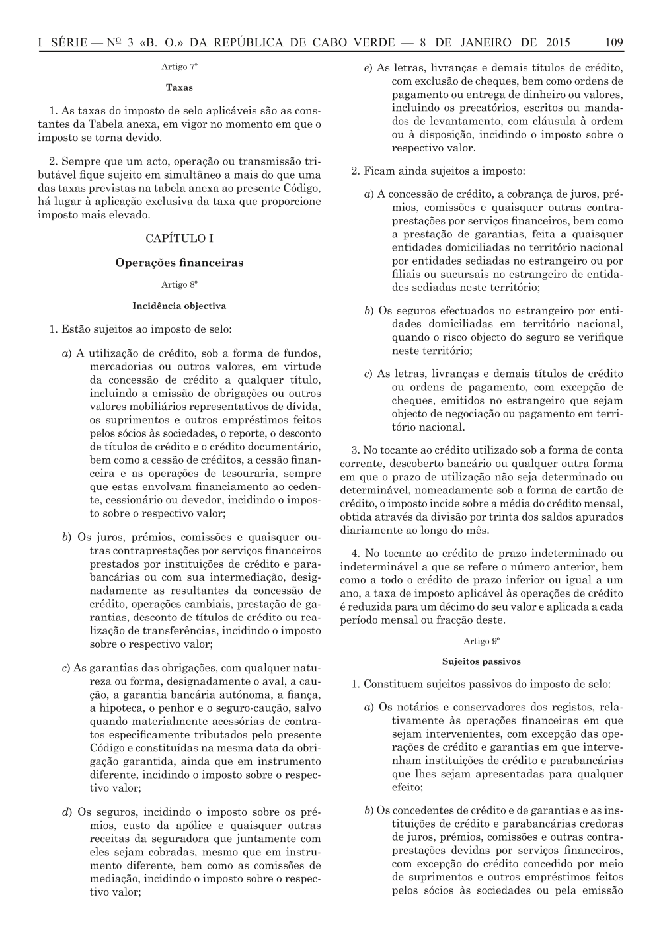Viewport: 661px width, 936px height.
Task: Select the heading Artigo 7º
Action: click(x=179, y=67)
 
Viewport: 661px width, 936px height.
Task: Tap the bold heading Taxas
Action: click(x=179, y=87)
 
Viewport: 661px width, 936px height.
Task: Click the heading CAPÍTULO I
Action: click(x=179, y=238)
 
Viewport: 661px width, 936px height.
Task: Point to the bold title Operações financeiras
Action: click(x=179, y=263)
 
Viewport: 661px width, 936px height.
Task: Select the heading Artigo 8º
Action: click(x=179, y=285)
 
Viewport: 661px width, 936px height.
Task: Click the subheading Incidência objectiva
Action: click(x=179, y=306)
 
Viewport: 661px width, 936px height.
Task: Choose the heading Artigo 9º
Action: click(x=481, y=641)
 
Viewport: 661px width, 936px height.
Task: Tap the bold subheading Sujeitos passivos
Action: click(x=481, y=661)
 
